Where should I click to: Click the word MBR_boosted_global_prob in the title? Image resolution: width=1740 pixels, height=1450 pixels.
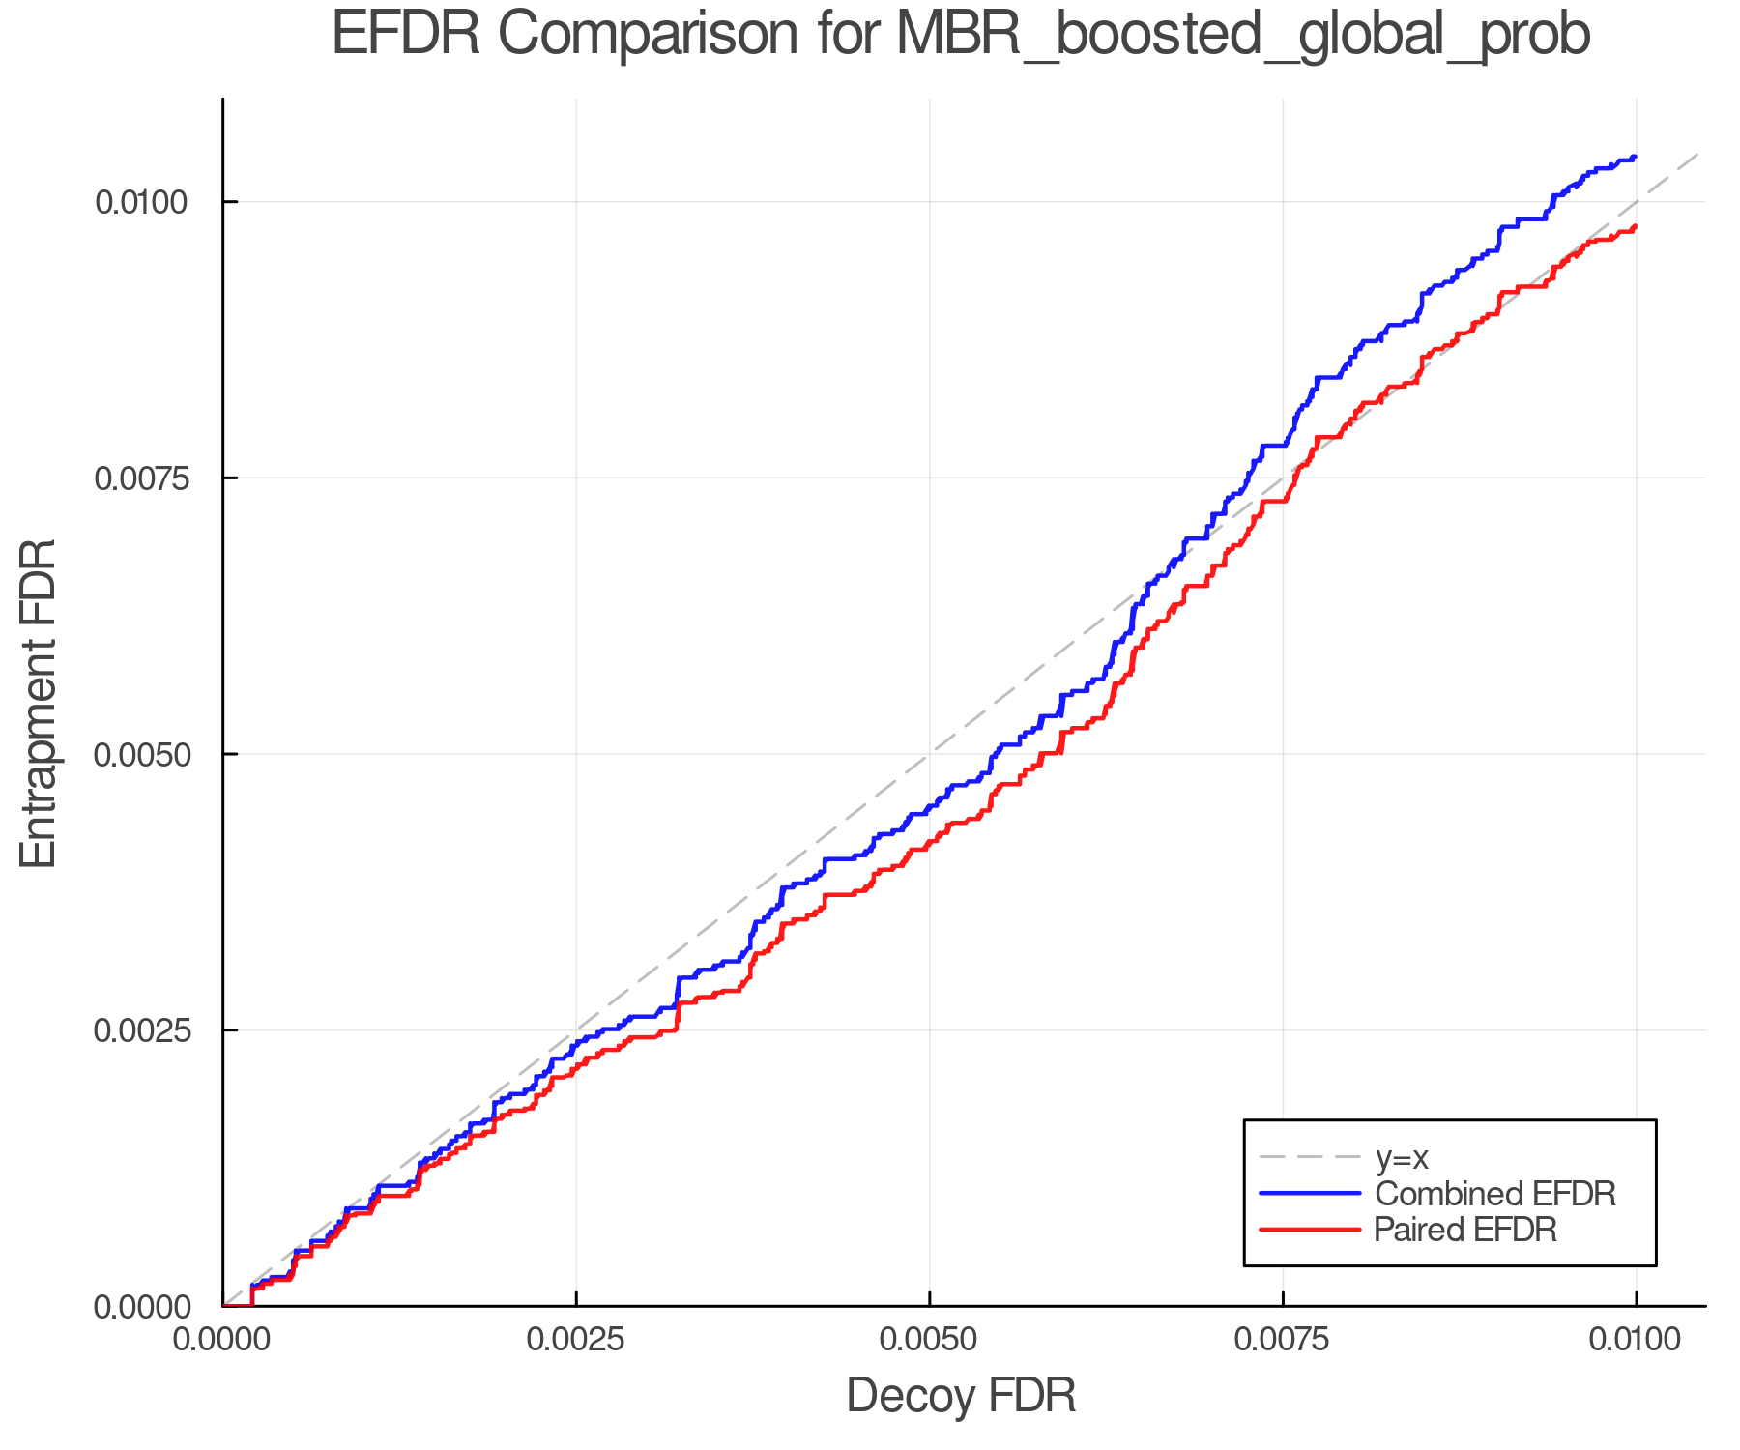click(x=1242, y=37)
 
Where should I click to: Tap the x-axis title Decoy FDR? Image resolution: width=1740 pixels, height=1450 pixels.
click(x=961, y=1396)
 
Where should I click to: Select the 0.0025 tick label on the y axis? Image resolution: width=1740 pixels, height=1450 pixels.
click(x=142, y=1030)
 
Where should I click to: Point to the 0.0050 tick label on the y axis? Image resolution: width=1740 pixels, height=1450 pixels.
click(x=142, y=754)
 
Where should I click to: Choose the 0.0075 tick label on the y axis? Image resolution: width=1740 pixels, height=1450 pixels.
click(x=142, y=478)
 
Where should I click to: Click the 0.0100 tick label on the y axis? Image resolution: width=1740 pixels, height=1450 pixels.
click(x=142, y=202)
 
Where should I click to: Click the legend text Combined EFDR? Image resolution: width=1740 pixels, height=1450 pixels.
click(x=1494, y=1194)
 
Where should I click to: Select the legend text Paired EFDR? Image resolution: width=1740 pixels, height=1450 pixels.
click(x=1464, y=1230)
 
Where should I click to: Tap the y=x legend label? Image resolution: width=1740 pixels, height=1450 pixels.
click(x=1401, y=1157)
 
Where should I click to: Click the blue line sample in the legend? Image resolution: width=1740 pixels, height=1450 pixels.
click(x=1310, y=1194)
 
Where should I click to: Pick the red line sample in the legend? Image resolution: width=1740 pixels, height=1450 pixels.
click(x=1310, y=1230)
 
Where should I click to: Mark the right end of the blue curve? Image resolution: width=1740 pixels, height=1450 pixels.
click(x=1635, y=157)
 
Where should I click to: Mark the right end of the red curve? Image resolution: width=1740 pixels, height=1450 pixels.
click(x=1635, y=226)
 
